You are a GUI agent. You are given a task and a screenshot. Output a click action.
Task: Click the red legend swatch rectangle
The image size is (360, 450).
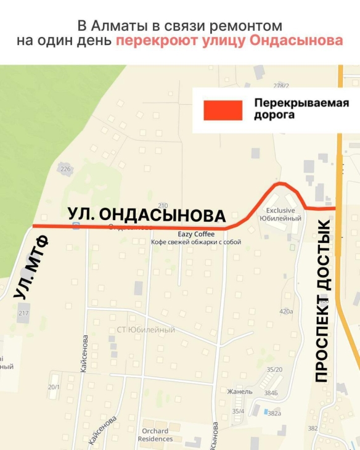[223, 110]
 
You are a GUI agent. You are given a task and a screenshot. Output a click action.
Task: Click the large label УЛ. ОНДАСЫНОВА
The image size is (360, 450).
[147, 215]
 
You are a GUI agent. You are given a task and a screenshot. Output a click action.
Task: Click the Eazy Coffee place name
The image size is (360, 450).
[196, 234]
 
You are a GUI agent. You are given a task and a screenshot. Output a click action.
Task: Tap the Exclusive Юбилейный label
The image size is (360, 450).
[280, 214]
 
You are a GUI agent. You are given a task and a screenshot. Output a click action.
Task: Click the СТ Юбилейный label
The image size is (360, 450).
[145, 330]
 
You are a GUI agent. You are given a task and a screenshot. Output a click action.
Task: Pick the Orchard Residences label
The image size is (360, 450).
[156, 435]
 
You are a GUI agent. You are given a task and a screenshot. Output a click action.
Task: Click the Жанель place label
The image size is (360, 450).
[240, 391]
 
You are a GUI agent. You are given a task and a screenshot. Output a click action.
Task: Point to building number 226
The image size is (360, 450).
[66, 169]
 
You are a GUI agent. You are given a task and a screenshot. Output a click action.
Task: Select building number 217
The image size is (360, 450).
[23, 314]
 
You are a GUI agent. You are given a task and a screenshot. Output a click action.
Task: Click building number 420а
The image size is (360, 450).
[286, 312]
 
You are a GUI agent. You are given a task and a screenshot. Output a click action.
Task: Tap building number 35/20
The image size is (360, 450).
[274, 369]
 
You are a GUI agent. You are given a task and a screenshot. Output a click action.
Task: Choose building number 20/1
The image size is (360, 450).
[54, 387]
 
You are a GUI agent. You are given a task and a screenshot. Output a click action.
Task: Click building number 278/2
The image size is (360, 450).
[281, 86]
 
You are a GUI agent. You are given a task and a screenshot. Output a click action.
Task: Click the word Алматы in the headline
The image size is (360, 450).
[115, 26]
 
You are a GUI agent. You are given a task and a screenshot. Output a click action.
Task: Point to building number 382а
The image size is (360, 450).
[274, 413]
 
